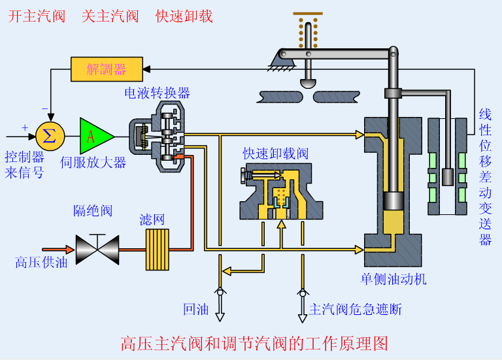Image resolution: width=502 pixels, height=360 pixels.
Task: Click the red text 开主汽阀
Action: tap(37, 16)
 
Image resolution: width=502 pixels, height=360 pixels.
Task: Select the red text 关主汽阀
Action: tap(110, 16)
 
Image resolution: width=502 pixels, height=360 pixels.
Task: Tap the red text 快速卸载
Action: tap(184, 16)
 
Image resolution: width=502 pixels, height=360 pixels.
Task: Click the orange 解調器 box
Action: tap(107, 69)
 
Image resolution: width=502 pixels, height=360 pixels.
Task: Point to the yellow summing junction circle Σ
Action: tap(48, 136)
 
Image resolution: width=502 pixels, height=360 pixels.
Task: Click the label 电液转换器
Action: tap(158, 93)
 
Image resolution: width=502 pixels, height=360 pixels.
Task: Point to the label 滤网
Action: tap(153, 220)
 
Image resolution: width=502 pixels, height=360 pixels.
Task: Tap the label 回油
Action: tap(196, 309)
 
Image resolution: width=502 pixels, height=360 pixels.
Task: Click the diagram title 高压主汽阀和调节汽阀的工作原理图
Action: tap(255, 343)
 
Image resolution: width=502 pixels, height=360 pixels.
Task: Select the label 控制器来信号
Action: tap(25, 165)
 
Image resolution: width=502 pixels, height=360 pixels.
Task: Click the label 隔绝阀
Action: tap(93, 210)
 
